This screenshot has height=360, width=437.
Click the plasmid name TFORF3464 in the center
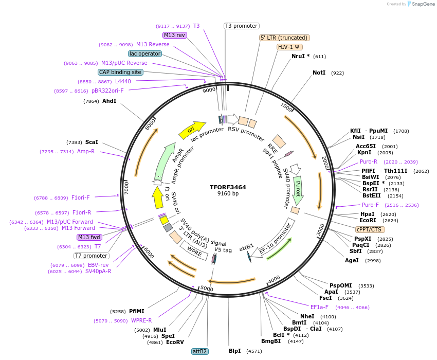[x=228, y=187]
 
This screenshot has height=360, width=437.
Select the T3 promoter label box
[x=242, y=26]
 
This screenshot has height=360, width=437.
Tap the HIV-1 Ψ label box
[x=289, y=47]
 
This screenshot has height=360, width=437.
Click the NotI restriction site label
[x=319, y=73]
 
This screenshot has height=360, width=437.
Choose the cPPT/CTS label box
[x=369, y=229]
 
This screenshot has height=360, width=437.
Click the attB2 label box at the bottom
[x=199, y=351]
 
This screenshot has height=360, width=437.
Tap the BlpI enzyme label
[x=234, y=351]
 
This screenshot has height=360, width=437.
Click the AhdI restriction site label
[x=109, y=101]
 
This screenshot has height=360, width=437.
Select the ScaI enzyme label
[x=92, y=142]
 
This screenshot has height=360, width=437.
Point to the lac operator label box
[x=145, y=53]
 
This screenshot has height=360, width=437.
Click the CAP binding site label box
[x=120, y=73]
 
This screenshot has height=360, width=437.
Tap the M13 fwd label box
[x=89, y=237]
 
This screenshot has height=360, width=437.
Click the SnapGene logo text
[x=421, y=4]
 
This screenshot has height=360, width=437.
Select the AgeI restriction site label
[x=352, y=260]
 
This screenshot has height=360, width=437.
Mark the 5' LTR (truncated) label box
[x=284, y=38]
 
